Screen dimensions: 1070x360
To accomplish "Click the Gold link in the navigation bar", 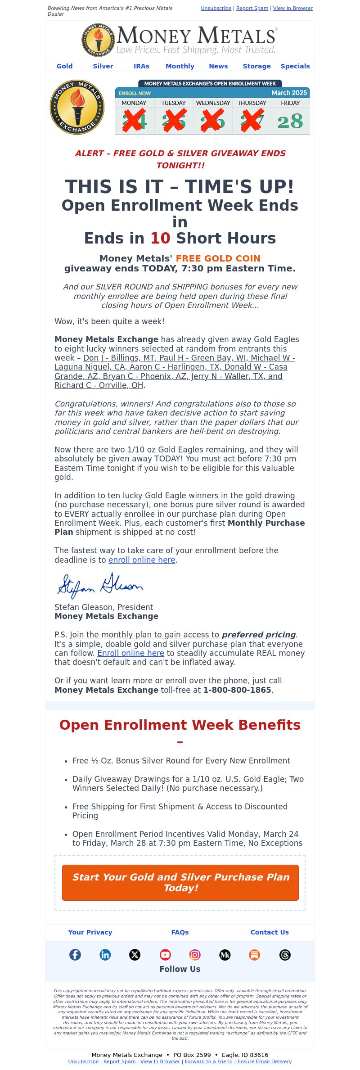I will pos(64,66).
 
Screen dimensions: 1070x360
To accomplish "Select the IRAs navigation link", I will pos(141,66).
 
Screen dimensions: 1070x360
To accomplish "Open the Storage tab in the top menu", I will pos(256,66).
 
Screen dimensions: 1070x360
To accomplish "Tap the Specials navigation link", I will pos(295,66).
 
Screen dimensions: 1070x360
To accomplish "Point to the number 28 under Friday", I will pos(290,122).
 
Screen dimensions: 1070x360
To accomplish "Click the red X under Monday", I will pos(134,121).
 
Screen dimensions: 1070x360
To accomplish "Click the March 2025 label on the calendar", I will pos(289,93).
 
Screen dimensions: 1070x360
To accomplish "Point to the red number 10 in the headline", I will pos(160,238).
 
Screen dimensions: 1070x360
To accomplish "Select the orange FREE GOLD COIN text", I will pos(218,258).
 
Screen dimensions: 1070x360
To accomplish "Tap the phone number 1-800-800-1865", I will pos(237,690).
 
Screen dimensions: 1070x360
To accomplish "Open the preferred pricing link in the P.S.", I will pos(259,635).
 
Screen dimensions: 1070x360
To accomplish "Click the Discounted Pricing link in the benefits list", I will pos(265,807).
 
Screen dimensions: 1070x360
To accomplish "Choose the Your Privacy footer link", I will pos(90,932).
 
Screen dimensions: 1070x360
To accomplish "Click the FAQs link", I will pos(180,932).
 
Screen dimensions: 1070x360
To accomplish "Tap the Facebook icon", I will pos(75,955).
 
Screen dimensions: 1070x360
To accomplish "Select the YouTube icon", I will pos(165,955).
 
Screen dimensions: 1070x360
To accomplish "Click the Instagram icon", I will pos(195,955).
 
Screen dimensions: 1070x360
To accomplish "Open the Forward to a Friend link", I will pos(208,1061).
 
